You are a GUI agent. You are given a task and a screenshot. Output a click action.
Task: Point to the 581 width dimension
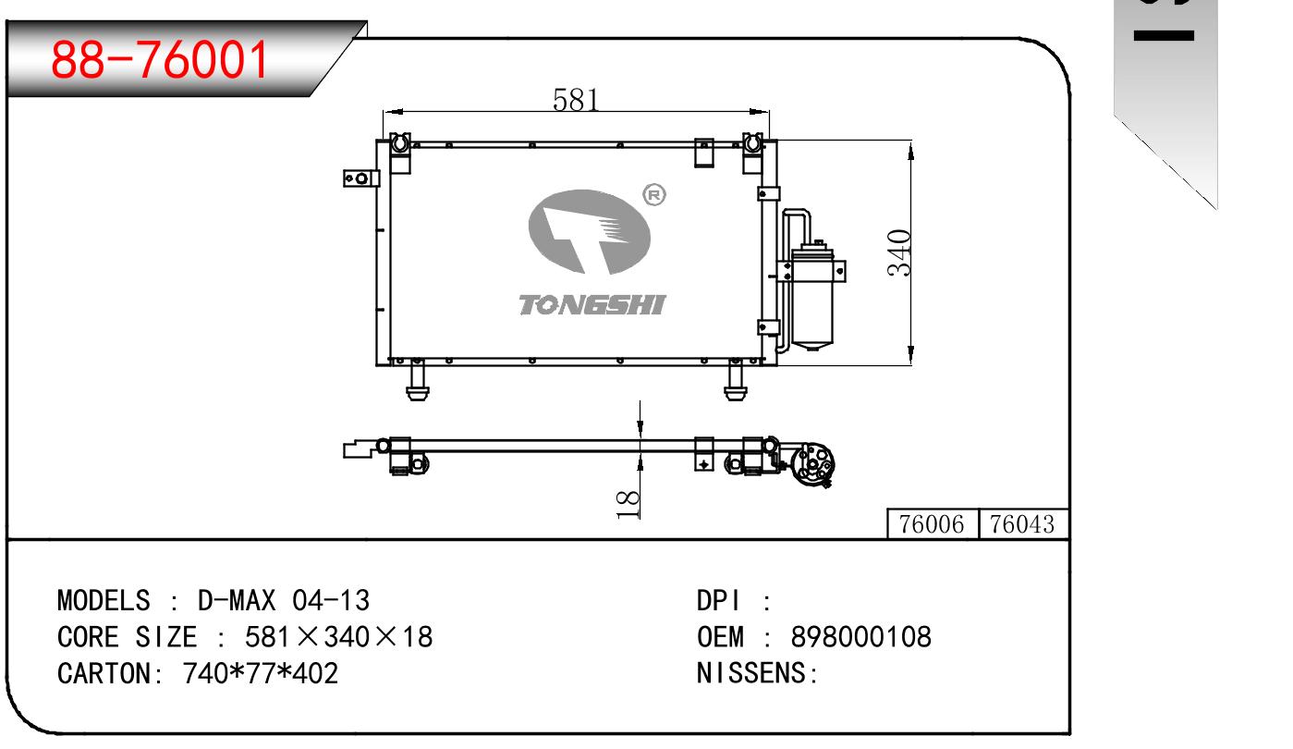(577, 99)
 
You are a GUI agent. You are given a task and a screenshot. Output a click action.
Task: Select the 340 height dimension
(899, 252)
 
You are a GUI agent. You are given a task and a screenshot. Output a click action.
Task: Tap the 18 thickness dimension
(628, 503)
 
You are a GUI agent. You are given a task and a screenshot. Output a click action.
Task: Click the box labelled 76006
(932, 524)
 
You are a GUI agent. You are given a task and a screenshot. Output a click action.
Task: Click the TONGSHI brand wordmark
(592, 305)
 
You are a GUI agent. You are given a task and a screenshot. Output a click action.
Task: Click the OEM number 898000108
(861, 637)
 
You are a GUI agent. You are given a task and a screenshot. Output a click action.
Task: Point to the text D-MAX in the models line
(237, 601)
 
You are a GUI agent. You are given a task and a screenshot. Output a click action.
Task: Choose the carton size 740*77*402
(262, 673)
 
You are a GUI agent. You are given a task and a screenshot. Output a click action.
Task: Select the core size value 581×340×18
(338, 637)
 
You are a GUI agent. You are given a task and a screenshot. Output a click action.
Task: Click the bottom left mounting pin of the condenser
(419, 381)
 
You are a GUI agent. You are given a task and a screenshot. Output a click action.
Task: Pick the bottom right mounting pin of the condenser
(736, 381)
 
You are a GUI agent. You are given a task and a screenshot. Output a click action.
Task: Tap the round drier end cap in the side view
(814, 461)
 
